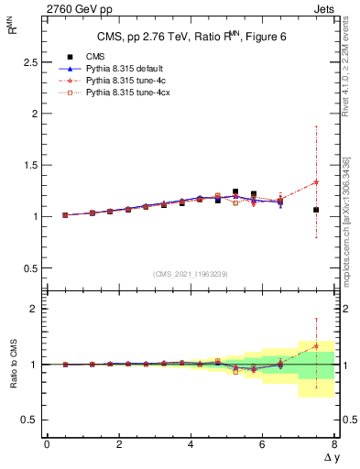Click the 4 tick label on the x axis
191,444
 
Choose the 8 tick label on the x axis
334,444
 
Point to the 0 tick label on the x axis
47,444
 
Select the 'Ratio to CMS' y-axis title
12,364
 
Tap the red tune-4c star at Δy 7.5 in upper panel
316,181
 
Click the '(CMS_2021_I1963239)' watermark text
190,274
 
